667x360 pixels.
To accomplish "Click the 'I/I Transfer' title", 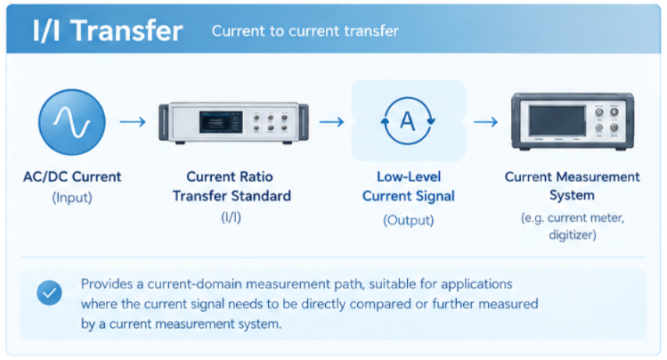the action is [108, 30].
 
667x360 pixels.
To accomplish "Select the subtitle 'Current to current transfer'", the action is [305, 31].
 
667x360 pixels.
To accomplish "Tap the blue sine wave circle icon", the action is [72, 122].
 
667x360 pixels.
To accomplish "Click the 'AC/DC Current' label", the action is [72, 176].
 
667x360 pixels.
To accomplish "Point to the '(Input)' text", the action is [72, 198].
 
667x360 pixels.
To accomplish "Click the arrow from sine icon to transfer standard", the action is [133, 122].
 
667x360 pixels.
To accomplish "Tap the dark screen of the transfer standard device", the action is [221, 122].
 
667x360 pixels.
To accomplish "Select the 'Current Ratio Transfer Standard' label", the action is [232, 186].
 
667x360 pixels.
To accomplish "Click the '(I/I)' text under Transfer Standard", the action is [231, 217].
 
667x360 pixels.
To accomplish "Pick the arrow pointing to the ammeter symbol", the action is [332, 122].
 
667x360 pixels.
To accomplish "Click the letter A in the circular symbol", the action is [408, 121].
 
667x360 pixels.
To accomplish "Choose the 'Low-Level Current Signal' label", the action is [409, 186].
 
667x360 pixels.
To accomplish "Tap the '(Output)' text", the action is [409, 220].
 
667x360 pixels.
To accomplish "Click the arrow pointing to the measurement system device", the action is [486, 122].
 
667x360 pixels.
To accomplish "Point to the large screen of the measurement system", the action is [557, 121].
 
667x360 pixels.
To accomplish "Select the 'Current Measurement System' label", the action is [572, 186].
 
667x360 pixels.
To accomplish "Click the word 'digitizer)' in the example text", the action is [573, 235].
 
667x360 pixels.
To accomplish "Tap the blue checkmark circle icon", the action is [49, 293].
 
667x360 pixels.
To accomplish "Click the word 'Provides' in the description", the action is [107, 284].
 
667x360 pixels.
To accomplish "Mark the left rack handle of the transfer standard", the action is [164, 123].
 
